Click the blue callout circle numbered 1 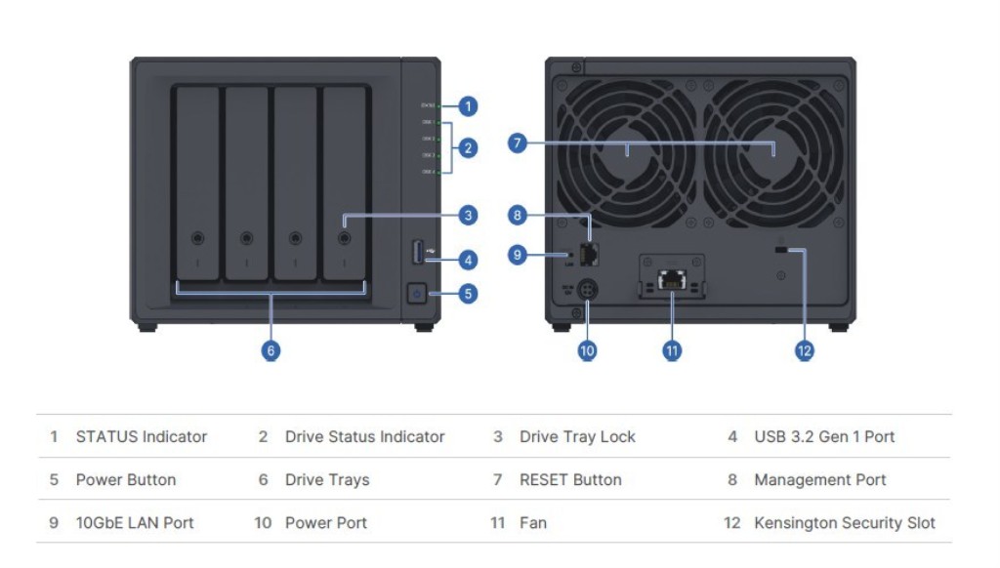469,105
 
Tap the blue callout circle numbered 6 271,350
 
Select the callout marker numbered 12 804,350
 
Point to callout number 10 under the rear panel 587,350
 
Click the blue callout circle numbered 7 518,144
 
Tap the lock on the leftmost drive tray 198,237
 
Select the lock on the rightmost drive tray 344,237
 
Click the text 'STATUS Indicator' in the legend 142,437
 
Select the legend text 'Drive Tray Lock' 577,437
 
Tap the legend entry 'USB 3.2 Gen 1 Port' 824,437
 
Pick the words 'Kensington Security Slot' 845,523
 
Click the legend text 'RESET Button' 570,480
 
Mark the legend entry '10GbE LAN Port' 135,523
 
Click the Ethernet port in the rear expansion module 671,280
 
